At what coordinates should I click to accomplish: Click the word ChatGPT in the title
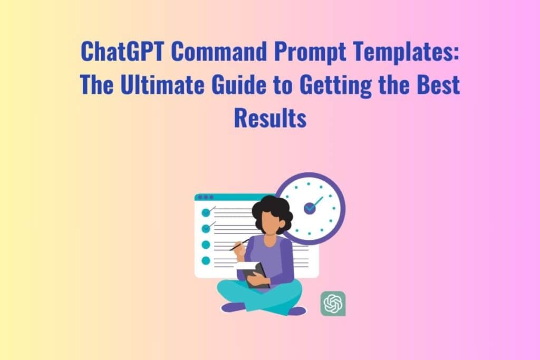tap(122, 51)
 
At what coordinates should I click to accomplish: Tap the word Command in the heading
tap(219, 51)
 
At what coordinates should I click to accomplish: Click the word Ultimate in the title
tap(162, 84)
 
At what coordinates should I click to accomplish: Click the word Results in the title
tap(270, 118)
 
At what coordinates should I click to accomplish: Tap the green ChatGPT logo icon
tap(333, 304)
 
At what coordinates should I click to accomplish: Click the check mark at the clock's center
tap(313, 205)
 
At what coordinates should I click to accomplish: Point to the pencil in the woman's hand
tap(239, 245)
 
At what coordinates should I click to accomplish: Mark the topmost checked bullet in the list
tap(206, 212)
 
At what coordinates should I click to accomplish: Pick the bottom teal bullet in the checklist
tap(206, 260)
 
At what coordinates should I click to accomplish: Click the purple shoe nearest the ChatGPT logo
tap(297, 311)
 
